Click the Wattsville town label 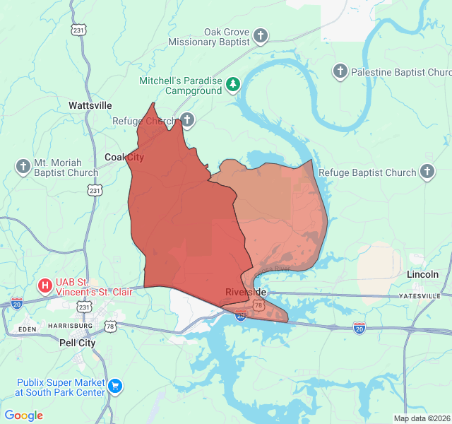(x=90, y=105)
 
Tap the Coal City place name (x=124, y=157)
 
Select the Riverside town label (x=246, y=292)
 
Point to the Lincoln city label (x=422, y=274)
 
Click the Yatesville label (x=420, y=295)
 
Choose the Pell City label (x=78, y=343)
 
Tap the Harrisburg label (x=71, y=325)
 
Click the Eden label (x=28, y=329)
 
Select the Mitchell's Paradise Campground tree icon (x=233, y=86)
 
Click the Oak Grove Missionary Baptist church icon (x=261, y=35)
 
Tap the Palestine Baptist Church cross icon (x=340, y=71)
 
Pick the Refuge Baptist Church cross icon (x=427, y=172)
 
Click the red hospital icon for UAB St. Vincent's (x=44, y=286)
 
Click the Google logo (x=24, y=416)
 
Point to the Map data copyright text (x=422, y=418)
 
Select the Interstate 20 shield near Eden (x=17, y=303)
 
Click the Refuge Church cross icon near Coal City (x=186, y=119)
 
